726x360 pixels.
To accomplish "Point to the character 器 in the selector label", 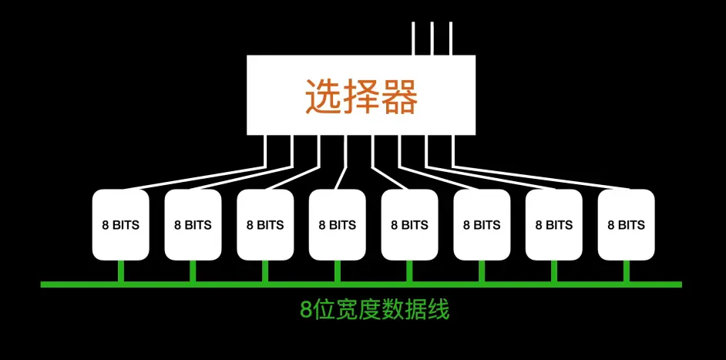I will (399, 97).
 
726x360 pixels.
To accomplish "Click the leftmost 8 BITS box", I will (120, 225).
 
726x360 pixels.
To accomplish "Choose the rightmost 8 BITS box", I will (626, 225).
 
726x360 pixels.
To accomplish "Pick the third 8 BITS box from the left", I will (265, 225).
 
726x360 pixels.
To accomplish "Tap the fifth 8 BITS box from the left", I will (409, 225).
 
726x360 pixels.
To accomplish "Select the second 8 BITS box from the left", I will (193, 225).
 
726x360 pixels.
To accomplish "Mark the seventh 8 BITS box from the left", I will (554, 225).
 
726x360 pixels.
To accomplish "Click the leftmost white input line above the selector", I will (414, 39).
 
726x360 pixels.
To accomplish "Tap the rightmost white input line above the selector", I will (451, 39).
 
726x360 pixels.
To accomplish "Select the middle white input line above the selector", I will (432, 39).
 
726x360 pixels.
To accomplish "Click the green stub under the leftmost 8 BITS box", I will (120, 271).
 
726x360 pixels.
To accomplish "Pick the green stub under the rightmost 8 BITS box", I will (626, 271).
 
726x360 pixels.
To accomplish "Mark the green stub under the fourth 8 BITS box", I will (337, 271).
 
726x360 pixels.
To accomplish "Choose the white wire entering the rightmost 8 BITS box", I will (539, 177).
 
